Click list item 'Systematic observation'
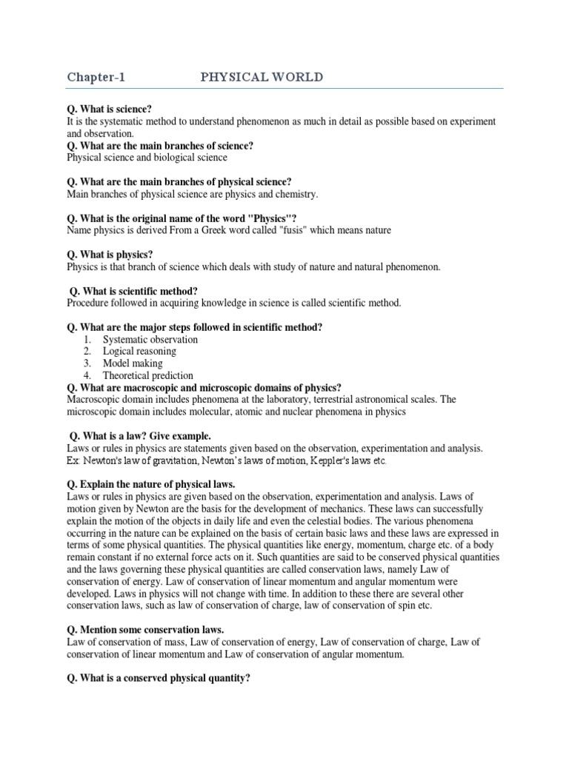coord(150,339)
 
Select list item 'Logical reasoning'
coord(139,352)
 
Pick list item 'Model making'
coord(133,363)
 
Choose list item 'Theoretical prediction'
coord(148,376)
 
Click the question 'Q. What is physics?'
coord(110,255)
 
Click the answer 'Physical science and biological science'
coord(147,158)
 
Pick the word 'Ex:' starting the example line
coord(75,461)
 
